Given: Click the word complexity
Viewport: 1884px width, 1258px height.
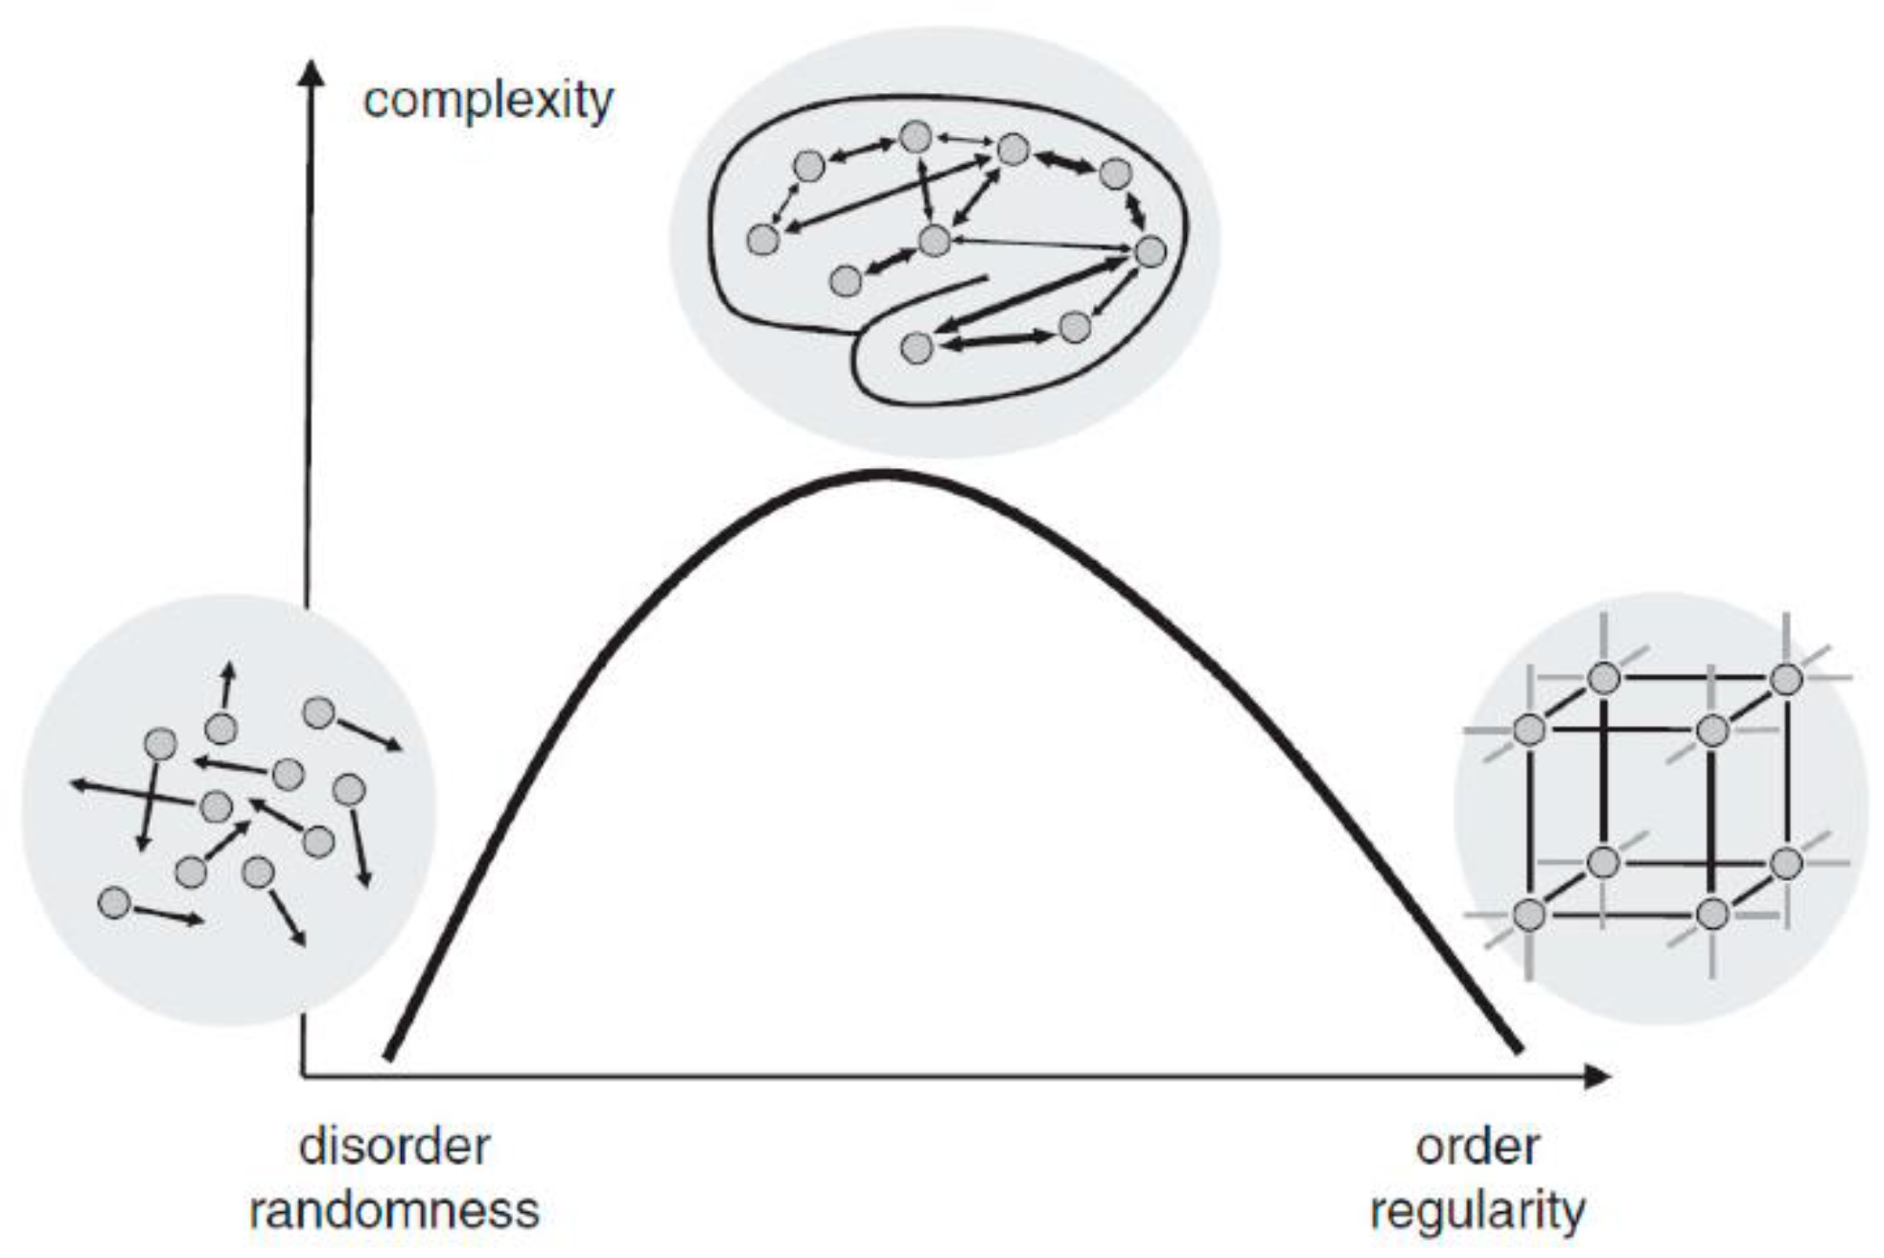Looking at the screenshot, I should click(x=488, y=101).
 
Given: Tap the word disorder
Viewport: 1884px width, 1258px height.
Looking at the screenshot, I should click(x=394, y=1147).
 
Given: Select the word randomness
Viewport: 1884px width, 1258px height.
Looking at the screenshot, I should click(x=394, y=1210).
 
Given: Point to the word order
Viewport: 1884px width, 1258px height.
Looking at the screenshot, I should click(x=1477, y=1147).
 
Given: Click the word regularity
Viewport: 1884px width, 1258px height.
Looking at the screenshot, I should click(x=1477, y=1210).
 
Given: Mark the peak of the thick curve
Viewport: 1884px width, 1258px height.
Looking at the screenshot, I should click(x=884, y=473).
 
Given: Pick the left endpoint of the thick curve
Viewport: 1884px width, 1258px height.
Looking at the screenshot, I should click(x=388, y=1057).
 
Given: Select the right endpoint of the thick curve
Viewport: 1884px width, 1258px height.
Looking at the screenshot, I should click(x=1519, y=1051).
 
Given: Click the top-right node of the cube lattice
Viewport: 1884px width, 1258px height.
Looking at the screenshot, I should click(x=1786, y=679).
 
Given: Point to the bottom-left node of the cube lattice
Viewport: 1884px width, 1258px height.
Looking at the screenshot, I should click(x=1529, y=914).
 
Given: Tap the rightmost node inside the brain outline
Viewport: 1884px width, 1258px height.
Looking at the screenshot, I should click(x=1150, y=252).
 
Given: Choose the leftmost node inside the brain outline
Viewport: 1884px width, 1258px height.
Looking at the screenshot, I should click(x=762, y=239).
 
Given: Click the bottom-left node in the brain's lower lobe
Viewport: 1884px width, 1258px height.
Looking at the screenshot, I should click(x=917, y=347).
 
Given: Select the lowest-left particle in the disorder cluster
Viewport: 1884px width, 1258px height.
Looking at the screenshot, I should click(x=114, y=902).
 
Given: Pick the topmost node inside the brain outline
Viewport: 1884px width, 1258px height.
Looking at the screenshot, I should click(x=916, y=137).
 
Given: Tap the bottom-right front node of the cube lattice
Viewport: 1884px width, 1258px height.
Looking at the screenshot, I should click(x=1712, y=914).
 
